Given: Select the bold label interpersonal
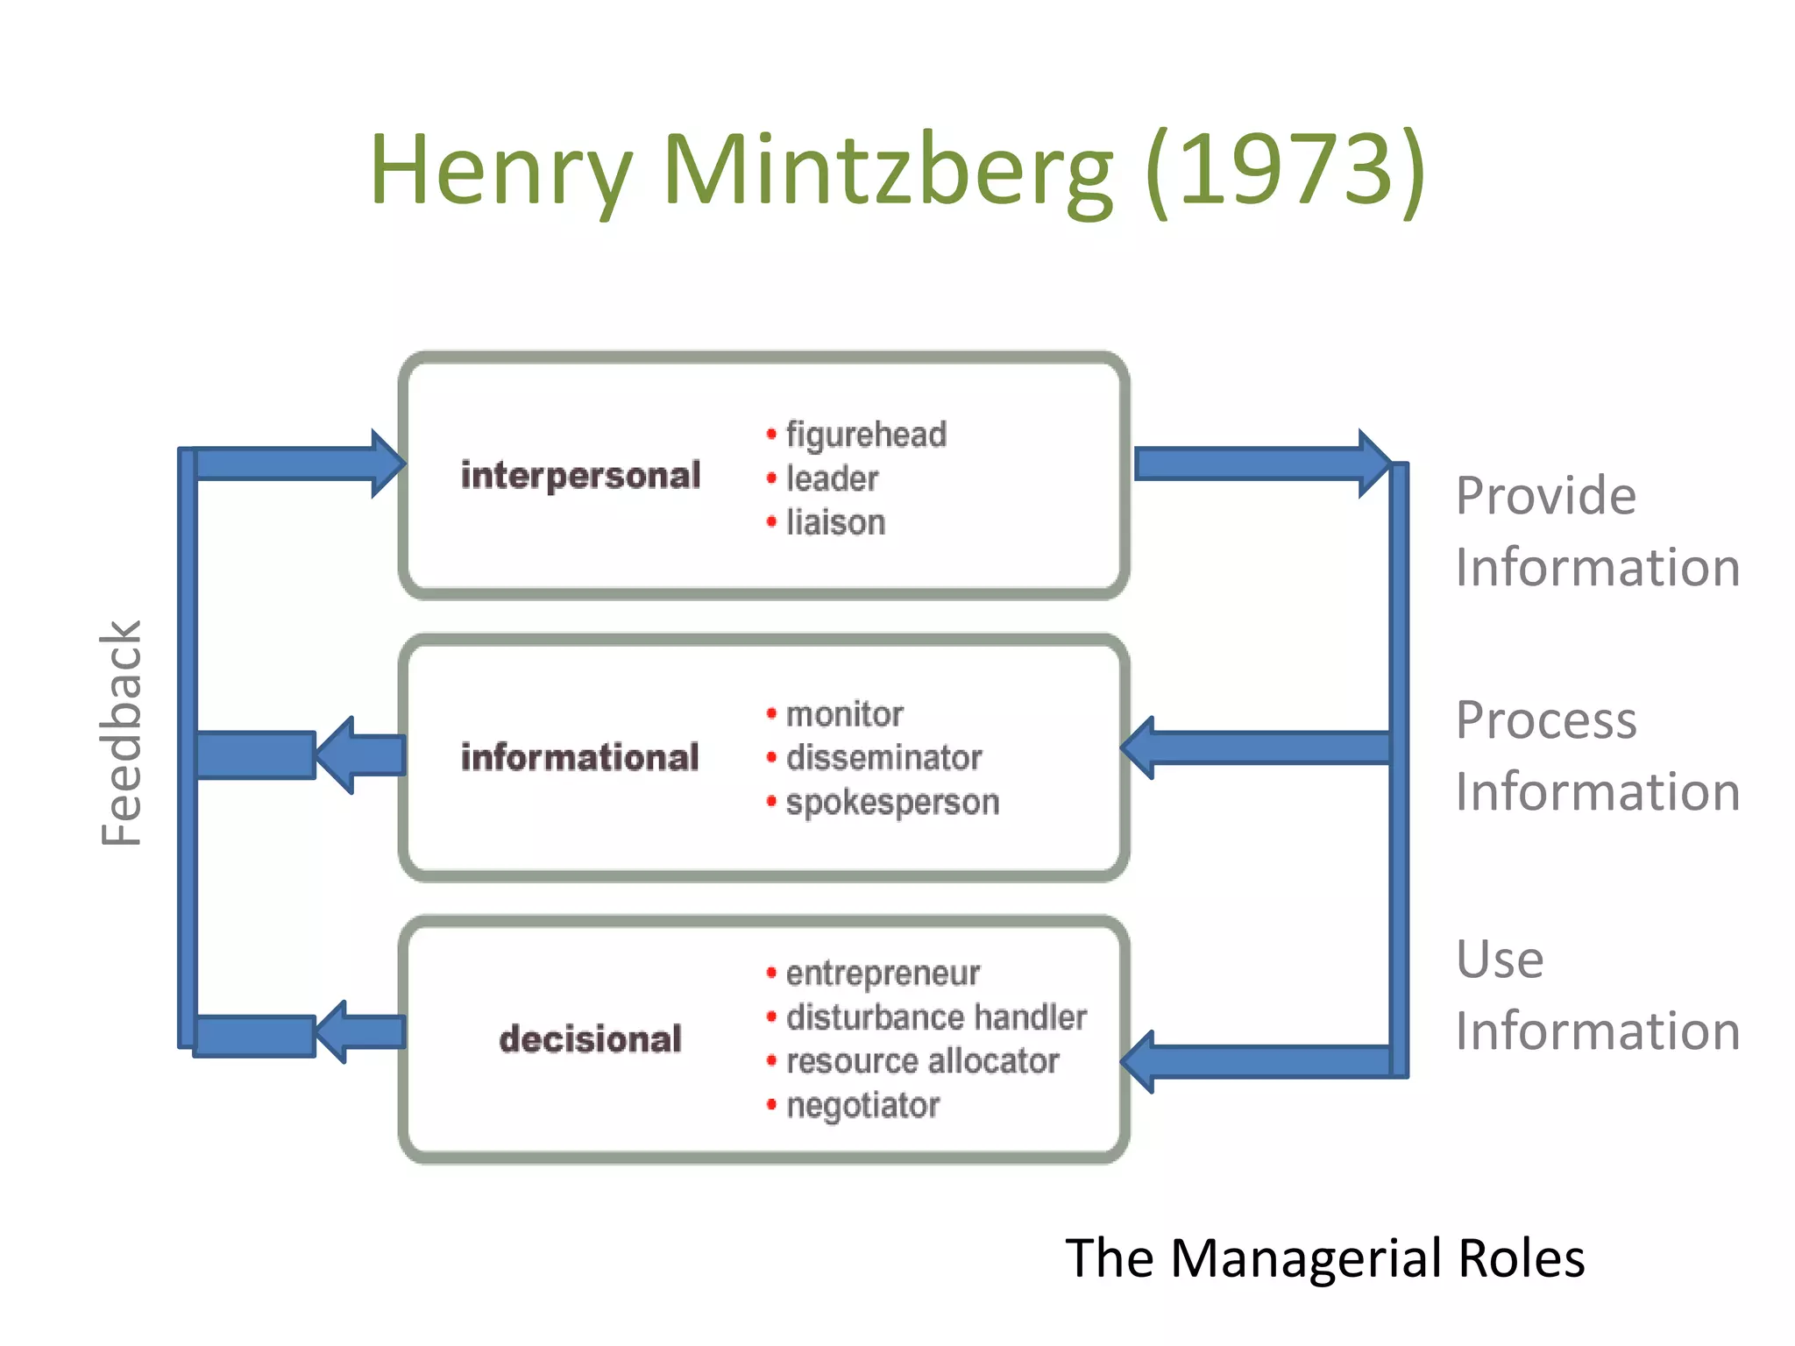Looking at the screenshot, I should (x=580, y=476).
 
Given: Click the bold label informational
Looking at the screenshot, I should (x=580, y=758).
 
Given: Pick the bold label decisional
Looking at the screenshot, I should (x=590, y=1039).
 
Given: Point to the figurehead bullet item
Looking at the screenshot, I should (x=866, y=435).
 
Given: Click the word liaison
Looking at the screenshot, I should (x=835, y=522).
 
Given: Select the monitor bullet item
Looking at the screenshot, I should (x=844, y=714).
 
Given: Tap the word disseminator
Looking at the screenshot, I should (x=883, y=758).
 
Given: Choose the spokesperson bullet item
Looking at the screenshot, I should (x=892, y=803).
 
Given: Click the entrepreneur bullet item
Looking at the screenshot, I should (x=883, y=973).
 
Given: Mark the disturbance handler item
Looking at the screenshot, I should (x=936, y=1017).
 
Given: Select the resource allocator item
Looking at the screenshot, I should (x=922, y=1061).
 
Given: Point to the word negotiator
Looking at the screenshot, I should (x=862, y=1106).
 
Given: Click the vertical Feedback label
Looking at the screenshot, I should (x=121, y=733).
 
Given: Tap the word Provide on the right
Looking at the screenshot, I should (x=1545, y=496).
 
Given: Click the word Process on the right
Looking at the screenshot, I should (x=1545, y=721).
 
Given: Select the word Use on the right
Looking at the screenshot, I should (x=1500, y=960).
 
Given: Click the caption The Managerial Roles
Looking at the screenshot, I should (x=1324, y=1258).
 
